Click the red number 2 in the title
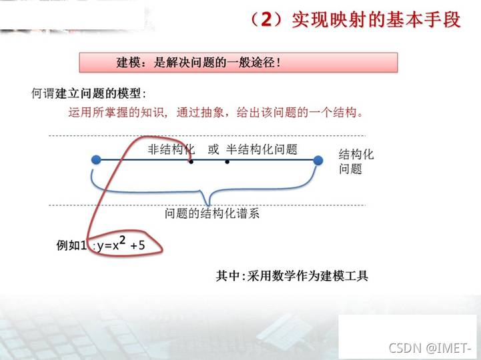[x=266, y=19]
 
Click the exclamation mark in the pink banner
[x=278, y=63]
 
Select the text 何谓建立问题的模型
[x=86, y=93]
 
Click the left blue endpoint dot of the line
[x=96, y=160]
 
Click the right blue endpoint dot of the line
[x=318, y=161]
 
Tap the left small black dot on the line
[x=191, y=161]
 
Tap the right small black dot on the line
[x=227, y=161]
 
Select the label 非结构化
[x=171, y=149]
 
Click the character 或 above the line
[x=213, y=149]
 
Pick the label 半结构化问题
[x=262, y=149]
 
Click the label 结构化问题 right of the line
[x=356, y=161]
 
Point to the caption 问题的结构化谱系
[x=212, y=213]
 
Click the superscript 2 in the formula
[x=122, y=240]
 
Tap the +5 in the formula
[x=137, y=245]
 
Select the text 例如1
[x=71, y=245]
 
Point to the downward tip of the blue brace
[x=209, y=205]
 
